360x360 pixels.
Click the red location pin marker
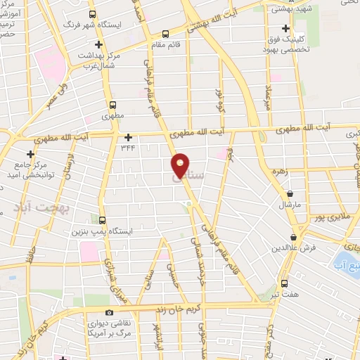click(181, 165)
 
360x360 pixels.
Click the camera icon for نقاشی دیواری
click(108, 311)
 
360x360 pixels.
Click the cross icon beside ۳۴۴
click(127, 138)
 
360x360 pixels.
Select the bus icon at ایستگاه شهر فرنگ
click(93, 14)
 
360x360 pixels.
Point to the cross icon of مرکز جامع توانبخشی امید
click(30, 154)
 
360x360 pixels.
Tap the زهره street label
click(283, 169)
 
